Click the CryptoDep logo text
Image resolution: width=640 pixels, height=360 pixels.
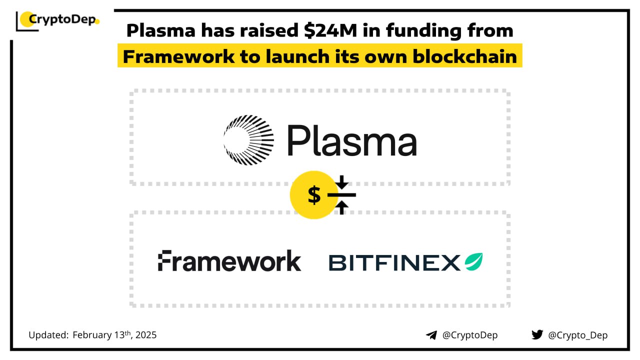coord(62,19)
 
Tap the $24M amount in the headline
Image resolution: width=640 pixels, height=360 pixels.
coord(330,30)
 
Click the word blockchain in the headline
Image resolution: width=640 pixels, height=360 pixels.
coord(465,56)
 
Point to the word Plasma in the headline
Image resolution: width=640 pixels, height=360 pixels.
coord(161,30)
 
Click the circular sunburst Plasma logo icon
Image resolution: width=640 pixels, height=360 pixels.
coord(248,140)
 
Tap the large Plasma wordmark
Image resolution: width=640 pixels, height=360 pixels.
coord(352,140)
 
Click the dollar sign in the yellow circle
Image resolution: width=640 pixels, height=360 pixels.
coord(314,195)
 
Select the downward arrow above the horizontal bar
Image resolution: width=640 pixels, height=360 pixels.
coord(341,182)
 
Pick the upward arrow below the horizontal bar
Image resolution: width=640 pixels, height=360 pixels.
coord(341,207)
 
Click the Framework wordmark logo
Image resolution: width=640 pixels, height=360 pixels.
coord(229,260)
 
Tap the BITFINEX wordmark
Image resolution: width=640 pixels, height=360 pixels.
coord(394,263)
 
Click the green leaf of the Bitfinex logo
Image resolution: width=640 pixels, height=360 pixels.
coord(473,261)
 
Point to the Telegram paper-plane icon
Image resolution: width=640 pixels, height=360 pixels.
coord(431,335)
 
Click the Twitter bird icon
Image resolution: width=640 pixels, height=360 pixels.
coord(537,334)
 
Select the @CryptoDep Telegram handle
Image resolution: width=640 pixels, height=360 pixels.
coord(470,335)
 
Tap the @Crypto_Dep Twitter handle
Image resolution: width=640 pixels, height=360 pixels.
coord(577,335)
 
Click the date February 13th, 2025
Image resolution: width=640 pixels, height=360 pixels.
coord(114,335)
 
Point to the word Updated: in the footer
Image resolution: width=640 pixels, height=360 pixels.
coord(48,335)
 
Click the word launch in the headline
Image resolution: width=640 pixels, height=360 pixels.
coord(297,56)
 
